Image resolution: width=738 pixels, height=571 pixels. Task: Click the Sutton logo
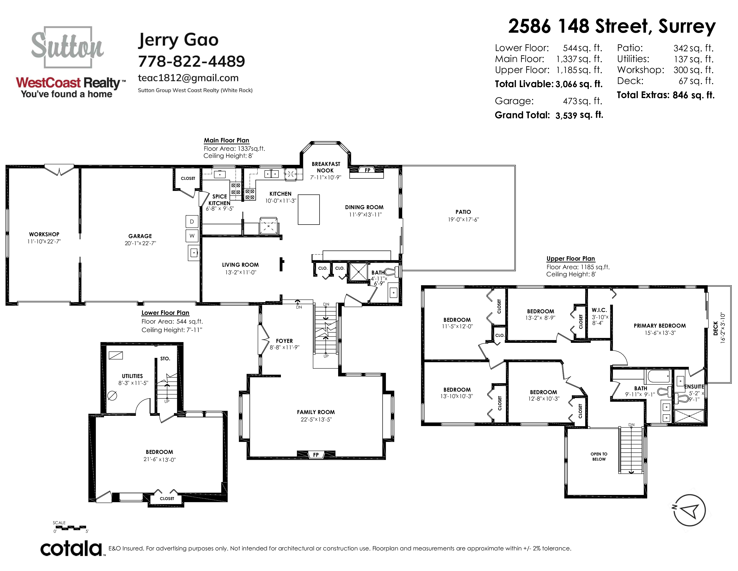[67, 47]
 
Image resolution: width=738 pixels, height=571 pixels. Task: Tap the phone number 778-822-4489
[192, 61]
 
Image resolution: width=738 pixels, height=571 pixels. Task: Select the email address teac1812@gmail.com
[188, 78]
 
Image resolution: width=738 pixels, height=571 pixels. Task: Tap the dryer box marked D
[192, 221]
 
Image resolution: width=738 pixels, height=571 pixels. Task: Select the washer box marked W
[192, 236]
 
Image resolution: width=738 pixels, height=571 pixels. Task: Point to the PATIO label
[463, 212]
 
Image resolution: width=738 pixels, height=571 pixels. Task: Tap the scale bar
[70, 527]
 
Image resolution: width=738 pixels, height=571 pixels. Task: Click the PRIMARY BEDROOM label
[660, 326]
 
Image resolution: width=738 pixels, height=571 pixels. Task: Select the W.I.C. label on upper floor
[599, 310]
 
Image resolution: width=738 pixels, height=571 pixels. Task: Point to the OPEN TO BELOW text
[599, 456]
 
